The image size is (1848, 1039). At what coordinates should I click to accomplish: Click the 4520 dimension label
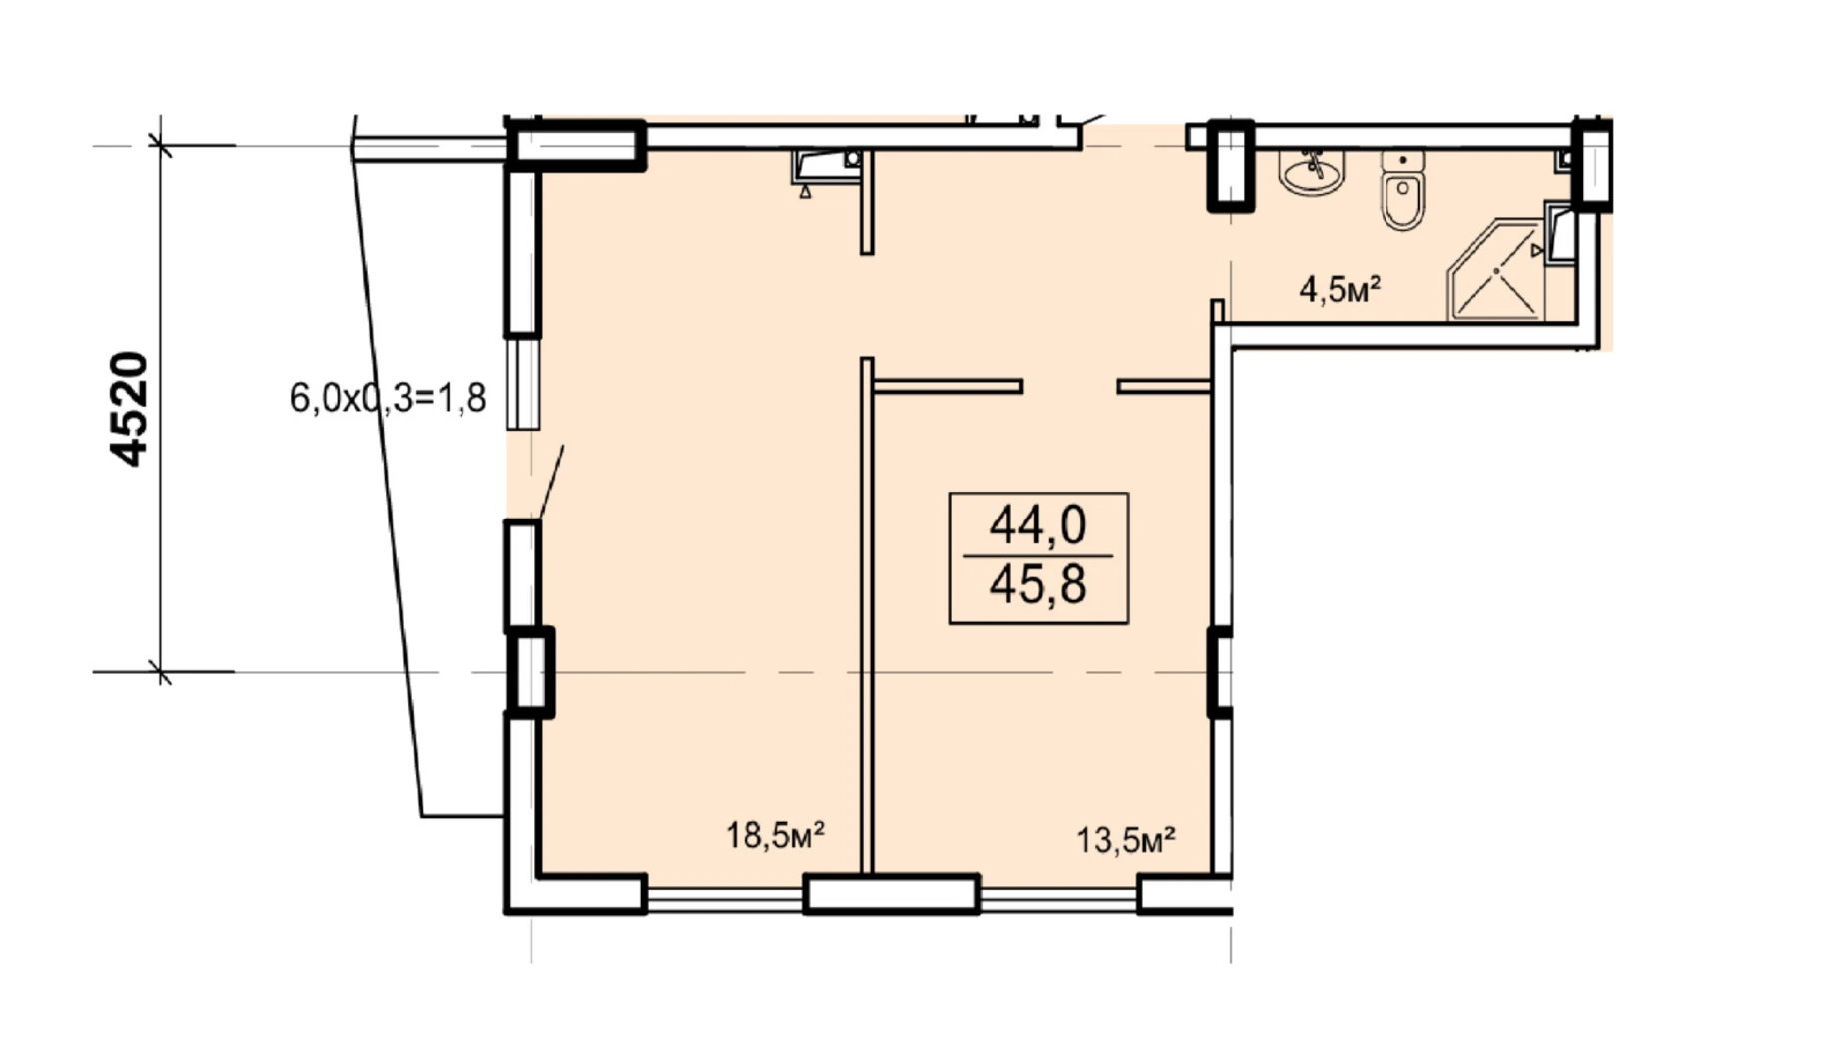129,409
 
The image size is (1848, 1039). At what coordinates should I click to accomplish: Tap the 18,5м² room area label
775,834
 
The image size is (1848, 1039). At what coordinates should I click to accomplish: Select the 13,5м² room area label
1125,839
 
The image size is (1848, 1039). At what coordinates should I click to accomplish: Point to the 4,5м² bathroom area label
1340,290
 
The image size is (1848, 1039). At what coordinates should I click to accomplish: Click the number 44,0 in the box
1038,525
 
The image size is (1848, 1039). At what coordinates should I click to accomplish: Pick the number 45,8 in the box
1038,584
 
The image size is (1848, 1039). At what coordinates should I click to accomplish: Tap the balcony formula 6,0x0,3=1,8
388,398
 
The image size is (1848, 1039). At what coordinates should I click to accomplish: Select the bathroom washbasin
1312,172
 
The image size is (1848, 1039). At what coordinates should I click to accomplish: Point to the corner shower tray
1496,270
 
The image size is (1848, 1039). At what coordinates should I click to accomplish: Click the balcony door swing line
551,483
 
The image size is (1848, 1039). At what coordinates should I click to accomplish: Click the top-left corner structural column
576,145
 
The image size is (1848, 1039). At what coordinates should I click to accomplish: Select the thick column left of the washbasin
1231,165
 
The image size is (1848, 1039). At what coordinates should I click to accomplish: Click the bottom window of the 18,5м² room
725,900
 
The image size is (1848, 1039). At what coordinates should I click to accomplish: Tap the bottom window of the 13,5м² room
1059,900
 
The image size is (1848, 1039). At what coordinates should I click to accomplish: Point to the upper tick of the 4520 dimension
160,146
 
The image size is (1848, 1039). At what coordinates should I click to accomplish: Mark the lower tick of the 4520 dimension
160,672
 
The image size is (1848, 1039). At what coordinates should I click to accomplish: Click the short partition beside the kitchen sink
867,202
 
